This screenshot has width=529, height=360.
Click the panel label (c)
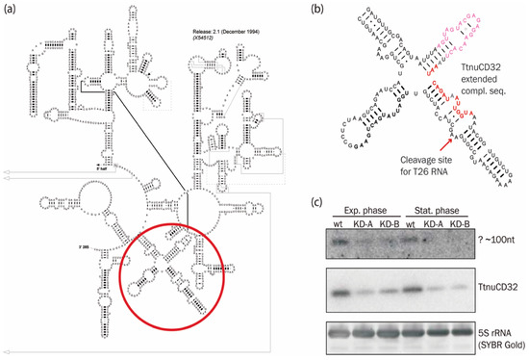(320, 202)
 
